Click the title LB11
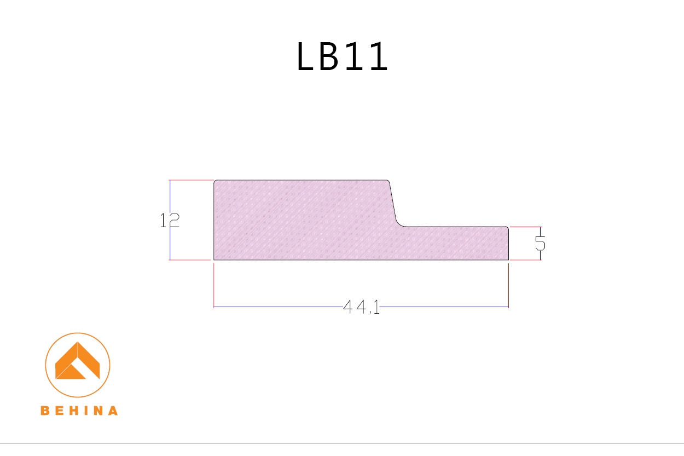342,56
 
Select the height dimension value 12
170,220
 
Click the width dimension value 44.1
361,307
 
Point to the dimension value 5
540,243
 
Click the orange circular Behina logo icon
78,365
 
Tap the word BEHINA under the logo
79,411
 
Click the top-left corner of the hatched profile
215,181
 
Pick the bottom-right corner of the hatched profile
508,259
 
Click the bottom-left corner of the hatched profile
214,259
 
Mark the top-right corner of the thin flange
508,227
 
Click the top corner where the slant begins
389,181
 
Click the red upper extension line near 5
525,227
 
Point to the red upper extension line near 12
191,180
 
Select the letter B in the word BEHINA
45,411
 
